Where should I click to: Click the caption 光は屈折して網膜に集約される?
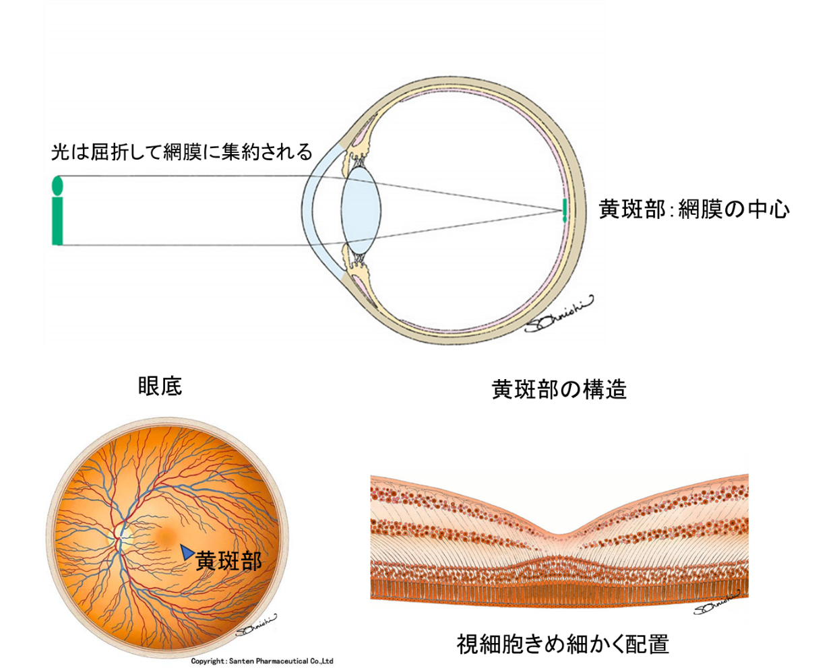tap(181, 152)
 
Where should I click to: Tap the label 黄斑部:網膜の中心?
tap(694, 209)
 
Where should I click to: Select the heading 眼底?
tap(160, 387)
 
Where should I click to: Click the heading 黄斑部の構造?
tap(559, 389)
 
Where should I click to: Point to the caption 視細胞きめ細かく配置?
tap(563, 644)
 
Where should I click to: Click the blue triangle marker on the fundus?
tap(187, 551)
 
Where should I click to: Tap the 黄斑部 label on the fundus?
tap(228, 561)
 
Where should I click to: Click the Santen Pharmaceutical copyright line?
tap(262, 661)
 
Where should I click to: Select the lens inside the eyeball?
tap(361, 210)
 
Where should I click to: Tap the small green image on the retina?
tap(565, 211)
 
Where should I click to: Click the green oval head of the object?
tap(57, 185)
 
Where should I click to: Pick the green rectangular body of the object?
tap(57, 221)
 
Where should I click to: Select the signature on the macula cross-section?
tap(716, 603)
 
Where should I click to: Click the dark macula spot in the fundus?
tap(166, 535)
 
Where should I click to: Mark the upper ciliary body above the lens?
tap(357, 145)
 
